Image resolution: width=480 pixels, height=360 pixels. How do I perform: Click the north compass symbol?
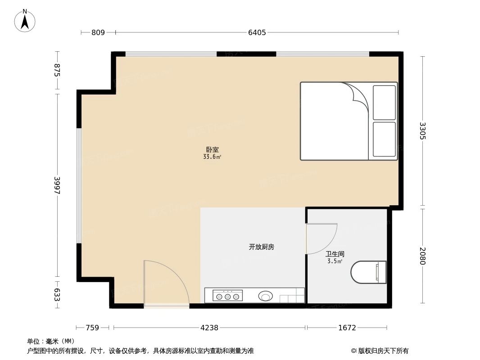point(25,21)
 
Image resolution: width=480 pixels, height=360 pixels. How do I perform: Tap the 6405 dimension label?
point(257,32)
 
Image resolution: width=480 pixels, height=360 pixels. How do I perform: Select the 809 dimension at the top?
point(98,32)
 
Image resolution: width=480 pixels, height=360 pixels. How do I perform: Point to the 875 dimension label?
point(57,71)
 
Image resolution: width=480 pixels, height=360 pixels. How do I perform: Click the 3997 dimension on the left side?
point(57,185)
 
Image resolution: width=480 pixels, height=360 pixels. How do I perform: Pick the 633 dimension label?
point(57,294)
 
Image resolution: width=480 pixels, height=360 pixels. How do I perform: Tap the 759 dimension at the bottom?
point(92,328)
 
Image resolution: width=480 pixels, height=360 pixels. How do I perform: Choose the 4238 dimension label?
point(209,328)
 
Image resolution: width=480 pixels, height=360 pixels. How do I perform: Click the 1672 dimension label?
point(347,328)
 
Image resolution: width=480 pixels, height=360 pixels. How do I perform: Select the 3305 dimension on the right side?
point(422,131)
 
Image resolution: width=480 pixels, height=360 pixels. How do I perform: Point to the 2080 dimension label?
point(422,256)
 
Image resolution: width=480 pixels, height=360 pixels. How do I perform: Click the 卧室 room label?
point(212,150)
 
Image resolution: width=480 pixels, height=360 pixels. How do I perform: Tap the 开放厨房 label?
point(262,247)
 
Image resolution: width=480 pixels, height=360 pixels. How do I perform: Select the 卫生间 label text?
point(335,254)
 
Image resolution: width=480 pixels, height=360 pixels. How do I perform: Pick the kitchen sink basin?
point(266,296)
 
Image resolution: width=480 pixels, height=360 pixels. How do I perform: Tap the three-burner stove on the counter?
point(228,296)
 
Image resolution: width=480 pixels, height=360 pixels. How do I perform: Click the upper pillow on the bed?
point(384,103)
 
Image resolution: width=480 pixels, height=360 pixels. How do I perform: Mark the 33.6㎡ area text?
point(212,157)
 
